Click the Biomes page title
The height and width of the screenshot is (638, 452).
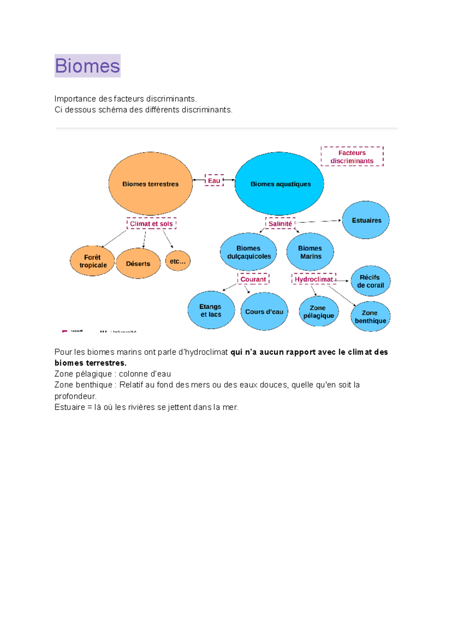tap(87, 66)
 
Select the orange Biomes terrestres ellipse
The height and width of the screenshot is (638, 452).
tap(150, 184)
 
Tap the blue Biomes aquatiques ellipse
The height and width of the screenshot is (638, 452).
tap(279, 184)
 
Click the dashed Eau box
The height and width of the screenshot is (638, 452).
tap(214, 180)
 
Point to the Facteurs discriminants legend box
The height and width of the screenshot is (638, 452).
tap(352, 157)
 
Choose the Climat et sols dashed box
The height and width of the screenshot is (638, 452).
tap(151, 224)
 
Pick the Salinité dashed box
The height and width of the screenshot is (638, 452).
tap(280, 224)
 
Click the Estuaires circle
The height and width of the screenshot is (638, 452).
tap(366, 220)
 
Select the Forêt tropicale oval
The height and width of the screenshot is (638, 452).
tap(92, 261)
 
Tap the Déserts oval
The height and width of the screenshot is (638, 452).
tap(138, 264)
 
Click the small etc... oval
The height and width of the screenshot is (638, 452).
tap(178, 261)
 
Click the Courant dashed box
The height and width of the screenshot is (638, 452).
tap(253, 279)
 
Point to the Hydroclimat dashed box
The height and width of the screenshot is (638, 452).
tap(314, 279)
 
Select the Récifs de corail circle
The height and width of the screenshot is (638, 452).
tap(370, 281)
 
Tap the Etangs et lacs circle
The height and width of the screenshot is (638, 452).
tap(211, 310)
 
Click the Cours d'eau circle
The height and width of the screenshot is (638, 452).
tap(264, 311)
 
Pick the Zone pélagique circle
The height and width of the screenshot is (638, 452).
tap(319, 311)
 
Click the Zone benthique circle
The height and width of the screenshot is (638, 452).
tap(370, 316)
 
